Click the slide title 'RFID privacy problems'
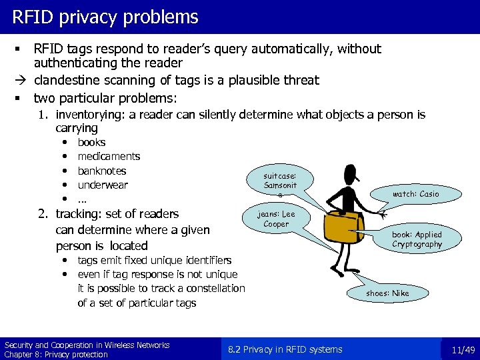point(105,17)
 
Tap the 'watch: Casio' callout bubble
point(415,194)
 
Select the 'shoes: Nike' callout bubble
point(387,293)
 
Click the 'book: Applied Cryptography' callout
point(417,239)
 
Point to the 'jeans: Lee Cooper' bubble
point(276,219)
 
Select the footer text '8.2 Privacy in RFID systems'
point(285,349)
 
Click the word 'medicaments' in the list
point(109,157)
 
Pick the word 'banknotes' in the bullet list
point(102,171)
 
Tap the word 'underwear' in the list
point(103,185)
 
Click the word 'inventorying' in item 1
point(91,115)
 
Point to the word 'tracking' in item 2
point(77,214)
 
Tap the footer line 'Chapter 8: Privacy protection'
point(56,354)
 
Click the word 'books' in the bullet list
point(91,142)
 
